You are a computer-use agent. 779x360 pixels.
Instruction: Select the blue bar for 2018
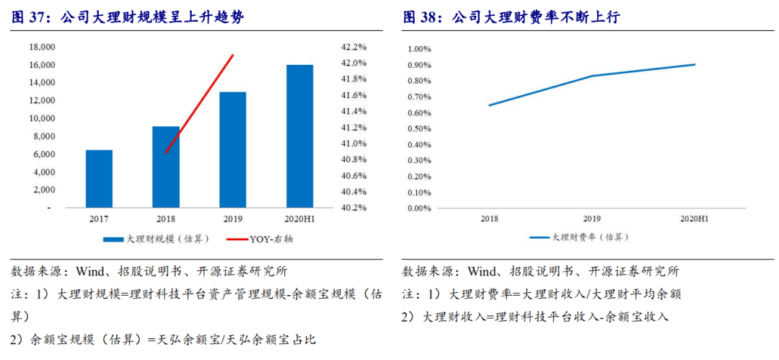166,167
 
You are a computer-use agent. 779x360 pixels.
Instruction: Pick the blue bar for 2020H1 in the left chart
299,136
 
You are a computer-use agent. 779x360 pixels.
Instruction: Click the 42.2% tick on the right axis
354,47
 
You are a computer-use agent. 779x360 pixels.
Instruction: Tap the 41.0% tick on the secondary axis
354,144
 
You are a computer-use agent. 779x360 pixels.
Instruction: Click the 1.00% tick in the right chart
419,49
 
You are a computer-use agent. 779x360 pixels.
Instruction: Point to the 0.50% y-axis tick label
419,128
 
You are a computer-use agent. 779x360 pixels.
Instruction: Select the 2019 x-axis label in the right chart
591,217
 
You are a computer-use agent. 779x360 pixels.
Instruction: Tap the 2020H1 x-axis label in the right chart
694,217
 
